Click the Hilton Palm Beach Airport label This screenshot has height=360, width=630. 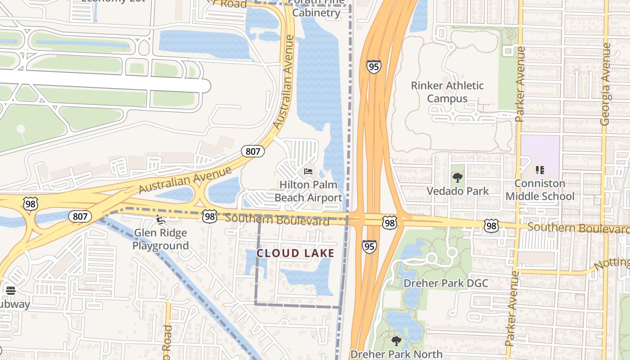[308, 191]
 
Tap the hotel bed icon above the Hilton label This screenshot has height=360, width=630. [308, 171]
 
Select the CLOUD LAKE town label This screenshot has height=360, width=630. [295, 253]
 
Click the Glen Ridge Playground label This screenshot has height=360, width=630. [160, 239]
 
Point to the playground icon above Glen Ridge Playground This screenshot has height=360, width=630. [160, 220]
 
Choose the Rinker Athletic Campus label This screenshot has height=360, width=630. [447, 92]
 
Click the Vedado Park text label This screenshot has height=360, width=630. [458, 191]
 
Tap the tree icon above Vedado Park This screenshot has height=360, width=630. [458, 178]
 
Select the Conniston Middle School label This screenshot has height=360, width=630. [540, 190]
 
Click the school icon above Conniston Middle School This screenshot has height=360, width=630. [540, 170]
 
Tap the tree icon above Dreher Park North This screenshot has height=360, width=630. [396, 341]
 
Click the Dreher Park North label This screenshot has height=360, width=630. [396, 354]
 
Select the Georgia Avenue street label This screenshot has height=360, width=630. [606, 84]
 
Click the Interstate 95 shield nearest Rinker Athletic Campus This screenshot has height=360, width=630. [373, 67]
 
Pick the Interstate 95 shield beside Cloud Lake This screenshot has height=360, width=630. [369, 246]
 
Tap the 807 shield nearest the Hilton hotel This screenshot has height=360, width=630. [253, 151]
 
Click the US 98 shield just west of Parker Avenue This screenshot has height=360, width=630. [491, 226]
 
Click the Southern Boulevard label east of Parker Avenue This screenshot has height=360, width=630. [578, 228]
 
